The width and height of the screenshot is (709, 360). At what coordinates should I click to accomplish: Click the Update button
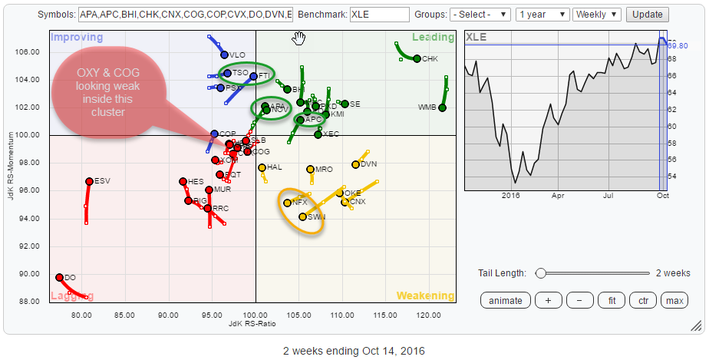tap(647, 15)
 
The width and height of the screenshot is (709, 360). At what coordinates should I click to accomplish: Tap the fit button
tap(612, 300)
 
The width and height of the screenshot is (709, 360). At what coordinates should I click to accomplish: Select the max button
tap(674, 300)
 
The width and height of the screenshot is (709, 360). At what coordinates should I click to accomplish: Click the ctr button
tap(644, 300)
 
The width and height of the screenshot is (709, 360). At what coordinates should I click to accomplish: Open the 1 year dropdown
tap(543, 15)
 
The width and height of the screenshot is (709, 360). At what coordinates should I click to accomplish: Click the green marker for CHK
tap(417, 58)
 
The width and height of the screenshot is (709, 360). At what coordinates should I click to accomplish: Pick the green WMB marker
tap(443, 107)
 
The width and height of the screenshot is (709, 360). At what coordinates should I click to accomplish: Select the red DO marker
tap(59, 278)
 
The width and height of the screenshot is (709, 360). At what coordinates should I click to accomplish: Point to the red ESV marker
tap(89, 181)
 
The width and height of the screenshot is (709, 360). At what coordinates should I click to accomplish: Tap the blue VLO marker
tap(224, 54)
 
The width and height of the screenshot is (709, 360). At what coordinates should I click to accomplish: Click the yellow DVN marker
tap(355, 164)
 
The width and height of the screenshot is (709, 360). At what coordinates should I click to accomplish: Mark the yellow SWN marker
tap(302, 216)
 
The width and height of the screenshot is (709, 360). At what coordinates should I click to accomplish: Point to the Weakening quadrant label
tap(424, 296)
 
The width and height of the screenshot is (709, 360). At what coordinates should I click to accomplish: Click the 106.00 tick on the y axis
tap(29, 51)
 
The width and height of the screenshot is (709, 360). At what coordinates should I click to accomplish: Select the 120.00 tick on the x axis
tap(428, 315)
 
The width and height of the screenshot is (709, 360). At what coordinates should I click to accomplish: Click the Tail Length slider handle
tap(541, 272)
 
